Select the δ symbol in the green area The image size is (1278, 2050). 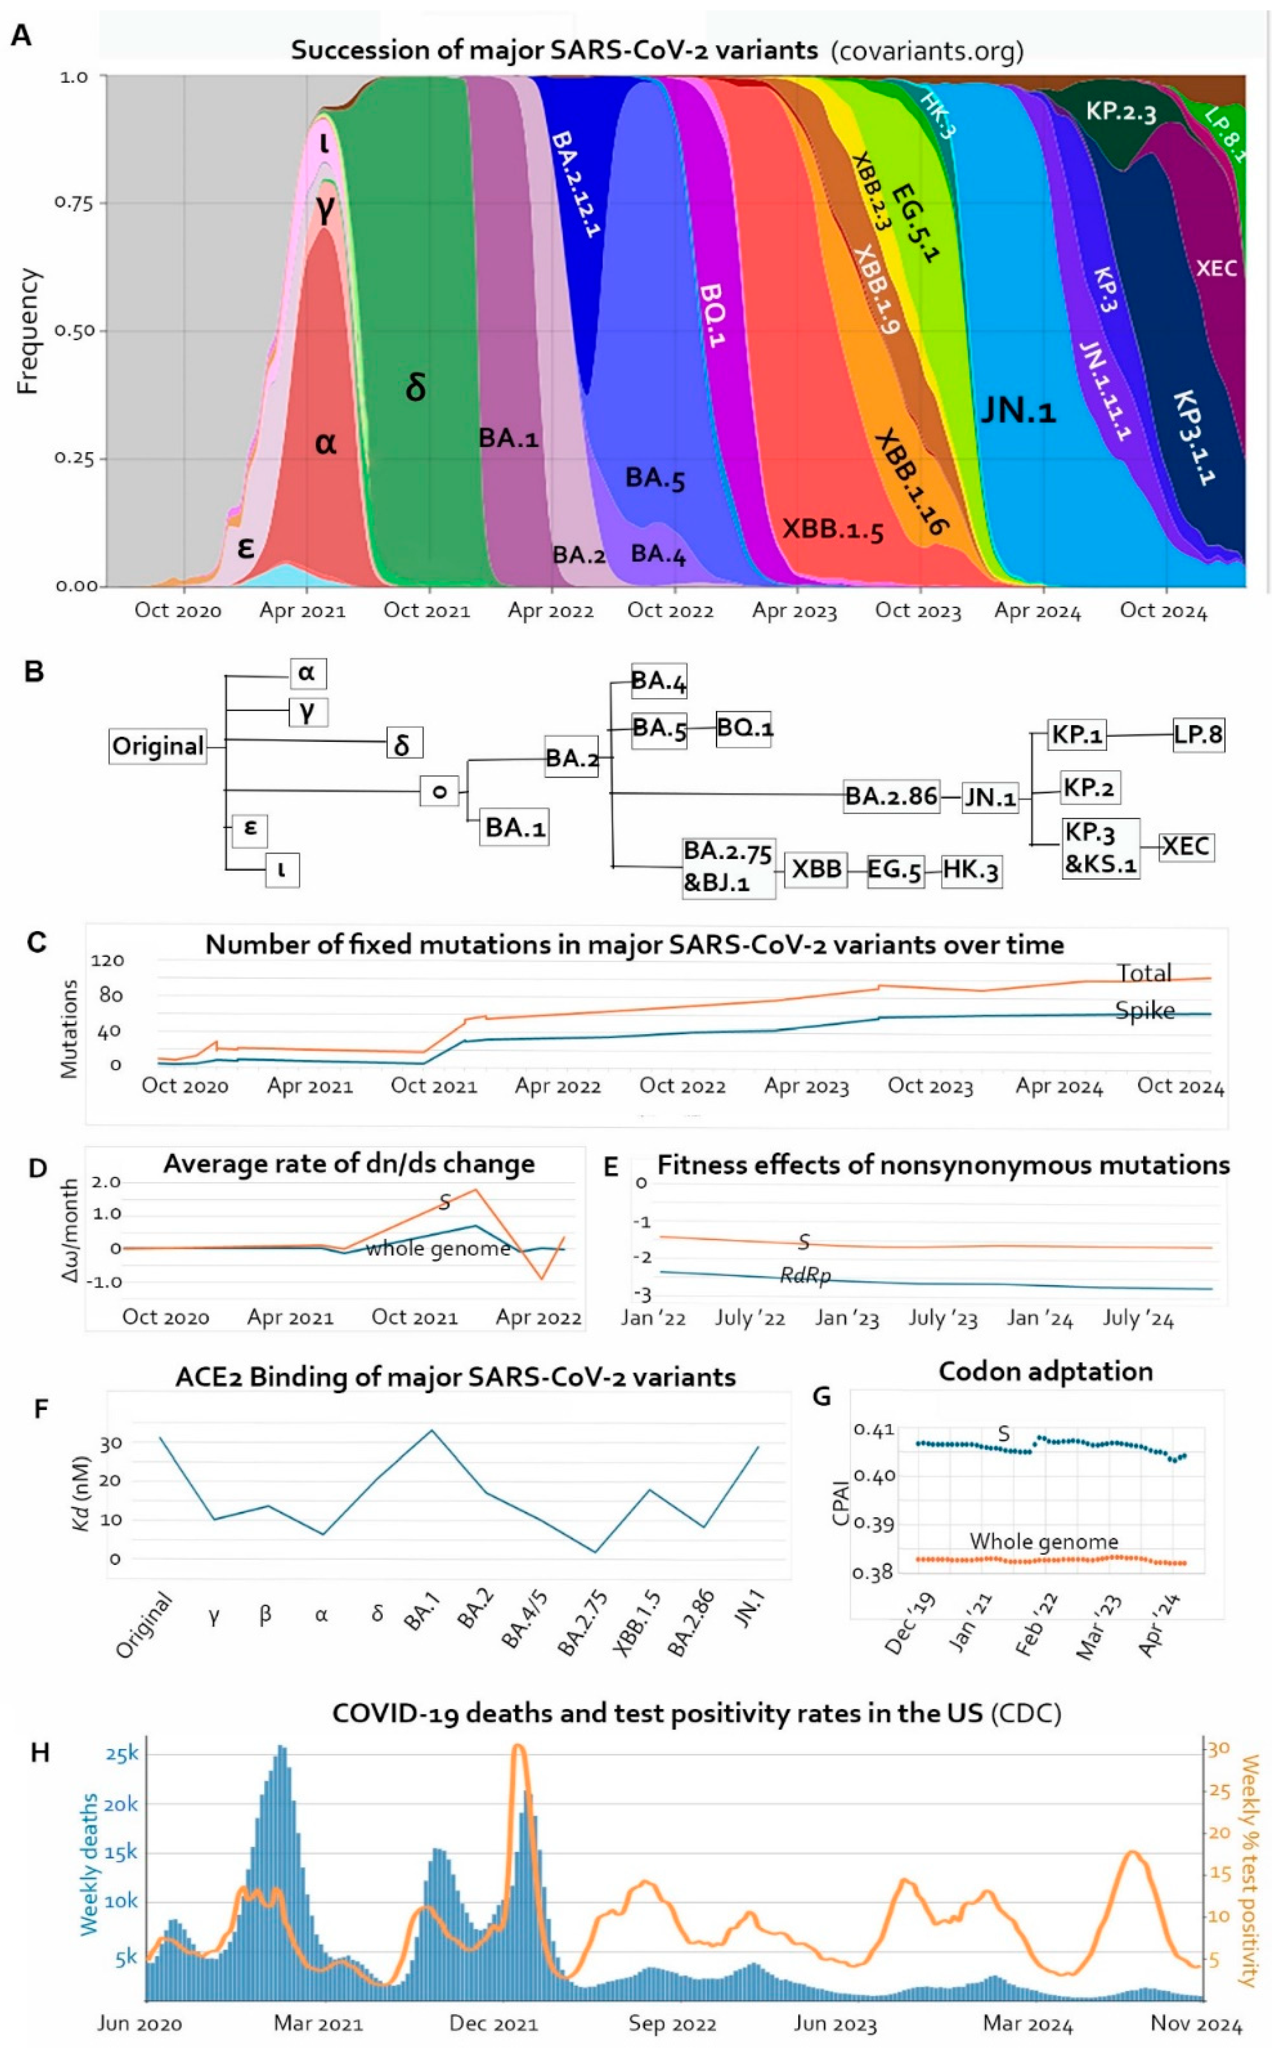coord(415,387)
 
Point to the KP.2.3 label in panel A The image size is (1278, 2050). coord(1120,111)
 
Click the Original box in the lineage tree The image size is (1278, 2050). coord(158,747)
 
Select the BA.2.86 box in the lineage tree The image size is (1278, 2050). coord(891,796)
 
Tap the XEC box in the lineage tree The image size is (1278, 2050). coord(1185,846)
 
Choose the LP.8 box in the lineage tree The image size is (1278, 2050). coord(1198,734)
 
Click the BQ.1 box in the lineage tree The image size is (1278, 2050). coord(744,727)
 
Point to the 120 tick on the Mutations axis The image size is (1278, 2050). coord(107,960)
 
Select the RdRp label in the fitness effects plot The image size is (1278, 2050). coord(805,1276)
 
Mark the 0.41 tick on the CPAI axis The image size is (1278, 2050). coord(873,1430)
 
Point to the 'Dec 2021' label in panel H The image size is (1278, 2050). coord(493,2023)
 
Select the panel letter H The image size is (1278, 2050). coord(40,1753)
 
